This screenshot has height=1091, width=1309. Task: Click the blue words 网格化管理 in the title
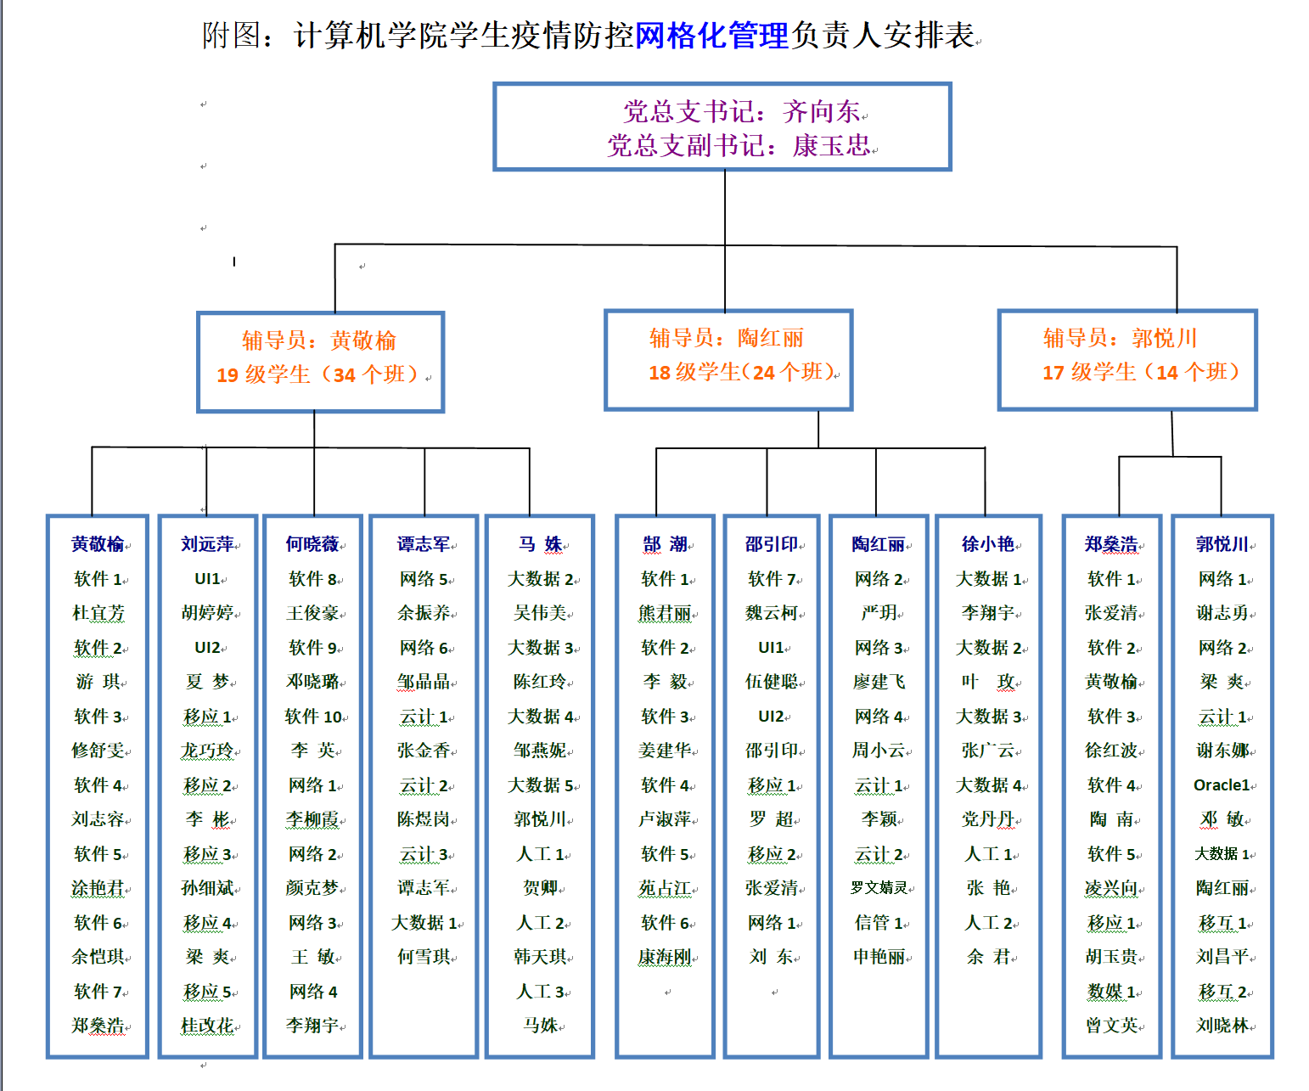point(711,35)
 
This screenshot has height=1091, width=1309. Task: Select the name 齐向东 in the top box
point(821,112)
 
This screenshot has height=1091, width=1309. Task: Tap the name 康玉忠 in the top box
point(831,146)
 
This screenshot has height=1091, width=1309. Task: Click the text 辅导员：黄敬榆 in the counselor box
point(319,340)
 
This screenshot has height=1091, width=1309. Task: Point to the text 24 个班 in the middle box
point(788,373)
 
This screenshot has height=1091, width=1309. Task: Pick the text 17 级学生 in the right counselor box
point(1089,373)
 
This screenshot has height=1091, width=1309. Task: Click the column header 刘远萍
point(207,543)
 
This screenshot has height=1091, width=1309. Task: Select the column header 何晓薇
point(312,543)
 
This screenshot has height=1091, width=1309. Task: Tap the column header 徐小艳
point(988,543)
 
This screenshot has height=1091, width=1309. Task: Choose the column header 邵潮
point(666,543)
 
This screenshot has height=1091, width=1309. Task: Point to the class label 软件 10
point(313,716)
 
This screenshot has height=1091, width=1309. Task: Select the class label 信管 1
point(879,922)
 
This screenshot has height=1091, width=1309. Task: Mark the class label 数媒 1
point(1111,992)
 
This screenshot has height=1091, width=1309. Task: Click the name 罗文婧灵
point(879,888)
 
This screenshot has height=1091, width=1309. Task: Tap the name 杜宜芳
point(98,613)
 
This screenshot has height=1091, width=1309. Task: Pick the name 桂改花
point(207,1025)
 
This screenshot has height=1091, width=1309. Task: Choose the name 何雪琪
point(424,956)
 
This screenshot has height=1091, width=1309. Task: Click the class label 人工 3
point(541,992)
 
